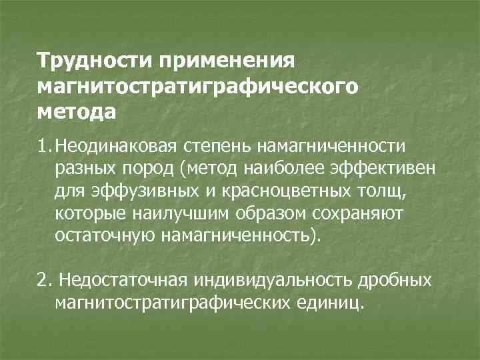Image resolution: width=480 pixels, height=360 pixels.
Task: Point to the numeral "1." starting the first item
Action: [x=44, y=145]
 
